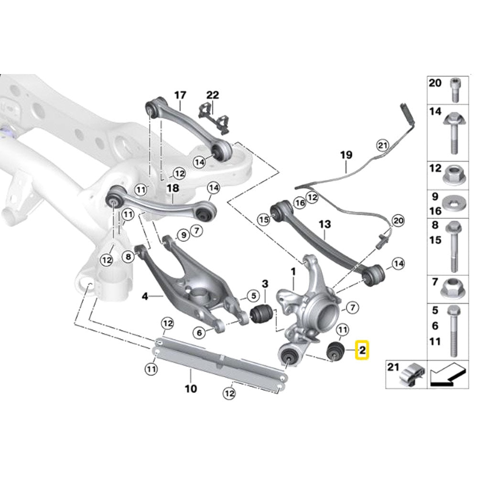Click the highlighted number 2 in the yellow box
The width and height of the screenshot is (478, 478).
click(362, 351)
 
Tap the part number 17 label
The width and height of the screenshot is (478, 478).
click(180, 95)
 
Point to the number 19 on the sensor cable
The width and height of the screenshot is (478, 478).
click(346, 155)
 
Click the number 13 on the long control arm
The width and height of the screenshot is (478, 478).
click(325, 224)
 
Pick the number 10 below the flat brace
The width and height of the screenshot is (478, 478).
click(190, 389)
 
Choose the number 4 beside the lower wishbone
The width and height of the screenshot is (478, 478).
click(144, 296)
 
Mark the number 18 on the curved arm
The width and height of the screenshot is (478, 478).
click(172, 189)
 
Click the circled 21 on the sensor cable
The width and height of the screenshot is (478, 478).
click(381, 145)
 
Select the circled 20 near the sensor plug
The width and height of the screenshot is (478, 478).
click(398, 220)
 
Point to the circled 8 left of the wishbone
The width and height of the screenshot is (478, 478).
click(128, 257)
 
